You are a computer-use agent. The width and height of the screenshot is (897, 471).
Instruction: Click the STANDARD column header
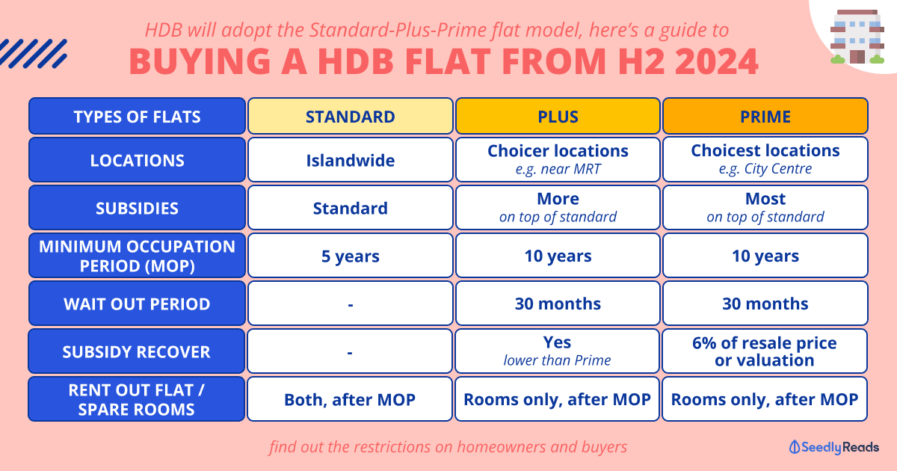[351, 116]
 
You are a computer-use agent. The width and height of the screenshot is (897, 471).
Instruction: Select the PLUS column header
[558, 116]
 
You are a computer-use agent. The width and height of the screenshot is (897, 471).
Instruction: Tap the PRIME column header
[765, 116]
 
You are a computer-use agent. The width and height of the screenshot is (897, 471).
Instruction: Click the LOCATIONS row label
[137, 160]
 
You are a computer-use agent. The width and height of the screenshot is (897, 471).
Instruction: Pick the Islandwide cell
[351, 160]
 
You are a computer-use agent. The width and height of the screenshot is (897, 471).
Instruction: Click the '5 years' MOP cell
[351, 256]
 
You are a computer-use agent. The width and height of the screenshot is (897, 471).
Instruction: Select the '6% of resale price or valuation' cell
[765, 351]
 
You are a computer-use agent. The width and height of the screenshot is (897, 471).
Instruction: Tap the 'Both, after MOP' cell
[350, 399]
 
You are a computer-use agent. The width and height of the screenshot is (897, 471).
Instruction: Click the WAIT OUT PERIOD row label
[137, 304]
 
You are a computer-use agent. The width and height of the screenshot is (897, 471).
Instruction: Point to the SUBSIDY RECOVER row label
[136, 351]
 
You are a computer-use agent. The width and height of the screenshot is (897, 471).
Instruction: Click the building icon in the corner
[857, 37]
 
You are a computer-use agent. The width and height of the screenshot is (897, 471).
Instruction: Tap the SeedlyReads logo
[833, 447]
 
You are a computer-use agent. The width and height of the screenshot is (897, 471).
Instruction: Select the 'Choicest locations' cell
[765, 159]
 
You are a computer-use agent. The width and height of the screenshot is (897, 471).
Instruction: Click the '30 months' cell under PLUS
[558, 304]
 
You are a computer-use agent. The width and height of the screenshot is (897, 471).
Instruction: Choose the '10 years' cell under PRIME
[765, 256]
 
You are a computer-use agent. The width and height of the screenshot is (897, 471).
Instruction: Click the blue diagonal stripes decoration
[33, 54]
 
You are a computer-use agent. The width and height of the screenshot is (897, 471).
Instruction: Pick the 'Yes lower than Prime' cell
[557, 351]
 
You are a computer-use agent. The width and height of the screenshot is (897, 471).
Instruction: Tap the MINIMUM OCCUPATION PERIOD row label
[137, 256]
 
